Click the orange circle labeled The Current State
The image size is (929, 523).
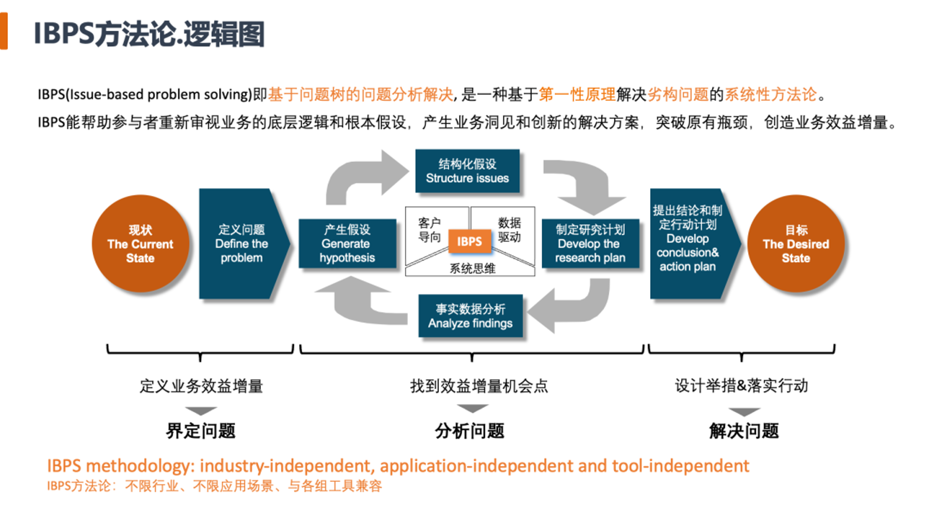[x=140, y=243]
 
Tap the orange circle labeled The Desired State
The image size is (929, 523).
[x=796, y=243]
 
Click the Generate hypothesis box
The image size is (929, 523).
[x=347, y=243]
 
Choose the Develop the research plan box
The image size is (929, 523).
[x=590, y=243]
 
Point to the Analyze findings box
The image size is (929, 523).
[x=470, y=316]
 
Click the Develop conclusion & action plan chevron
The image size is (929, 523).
[x=689, y=243]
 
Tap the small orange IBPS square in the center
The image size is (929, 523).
[x=469, y=241]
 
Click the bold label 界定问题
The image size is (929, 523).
[x=200, y=431]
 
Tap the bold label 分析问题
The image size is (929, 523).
[x=470, y=431]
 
